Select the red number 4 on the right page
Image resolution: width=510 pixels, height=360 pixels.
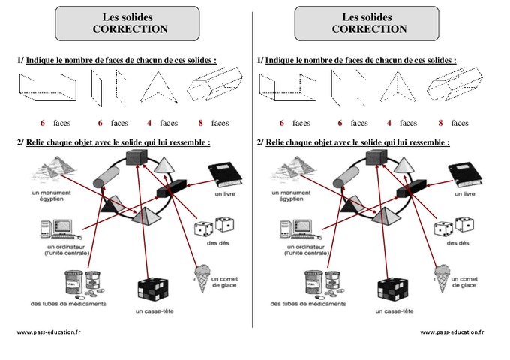[388, 122]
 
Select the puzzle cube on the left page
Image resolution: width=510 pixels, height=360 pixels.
[153, 290]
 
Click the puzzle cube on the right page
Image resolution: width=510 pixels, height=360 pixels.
[393, 290]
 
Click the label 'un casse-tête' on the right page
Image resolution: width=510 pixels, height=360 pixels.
[393, 311]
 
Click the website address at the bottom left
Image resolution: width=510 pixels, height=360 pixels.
[48, 331]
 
